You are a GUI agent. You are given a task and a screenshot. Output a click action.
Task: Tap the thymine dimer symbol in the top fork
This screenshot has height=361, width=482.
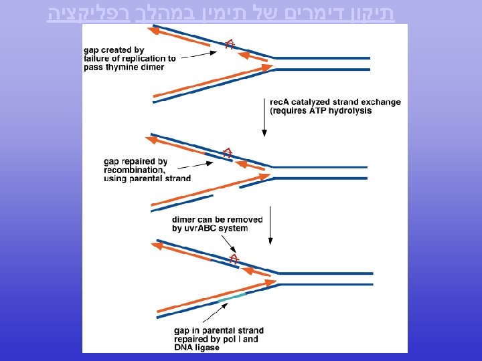[x=230, y=44]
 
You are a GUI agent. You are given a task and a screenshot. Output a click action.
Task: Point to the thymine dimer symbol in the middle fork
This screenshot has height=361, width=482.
[x=228, y=153]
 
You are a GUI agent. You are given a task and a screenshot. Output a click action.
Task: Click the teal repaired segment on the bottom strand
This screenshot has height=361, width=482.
[x=232, y=298]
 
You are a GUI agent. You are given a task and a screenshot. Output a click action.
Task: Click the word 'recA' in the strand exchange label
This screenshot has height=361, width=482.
[x=280, y=102]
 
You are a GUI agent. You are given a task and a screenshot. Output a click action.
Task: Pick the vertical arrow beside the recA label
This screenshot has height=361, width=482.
[x=264, y=117]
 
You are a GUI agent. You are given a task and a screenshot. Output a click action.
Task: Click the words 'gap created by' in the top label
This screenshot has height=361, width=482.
[x=114, y=50]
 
